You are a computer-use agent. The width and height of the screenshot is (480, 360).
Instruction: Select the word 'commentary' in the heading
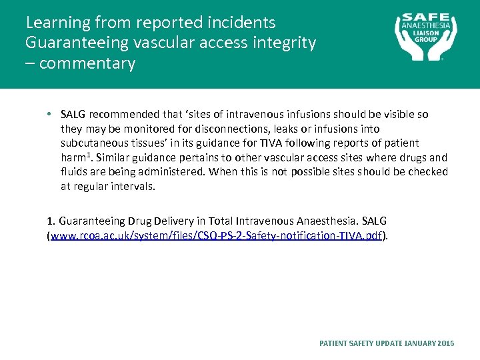[x=87, y=64]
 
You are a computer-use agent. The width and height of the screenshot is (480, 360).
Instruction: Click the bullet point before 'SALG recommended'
[x=51, y=115]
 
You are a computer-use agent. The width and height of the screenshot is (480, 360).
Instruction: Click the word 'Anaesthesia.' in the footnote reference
[x=321, y=221]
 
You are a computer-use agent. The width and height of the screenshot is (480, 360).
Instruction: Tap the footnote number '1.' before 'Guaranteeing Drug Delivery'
[x=51, y=221]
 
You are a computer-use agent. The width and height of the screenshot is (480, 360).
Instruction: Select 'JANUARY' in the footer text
[x=419, y=343]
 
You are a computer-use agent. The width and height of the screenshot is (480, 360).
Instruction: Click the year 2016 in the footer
[x=446, y=343]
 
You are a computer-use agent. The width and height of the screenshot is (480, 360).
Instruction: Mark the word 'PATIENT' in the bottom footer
[x=333, y=343]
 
